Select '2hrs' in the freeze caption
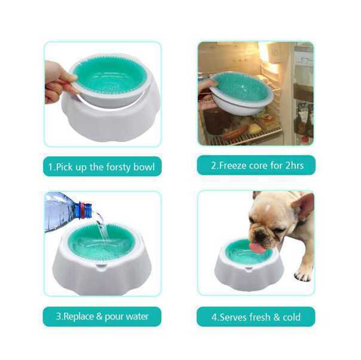(295, 165)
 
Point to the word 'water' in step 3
(137, 317)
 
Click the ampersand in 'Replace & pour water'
(99, 316)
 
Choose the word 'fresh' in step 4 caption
(260, 317)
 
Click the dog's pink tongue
(257, 247)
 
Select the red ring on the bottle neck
(82, 210)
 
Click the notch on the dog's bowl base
(249, 269)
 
